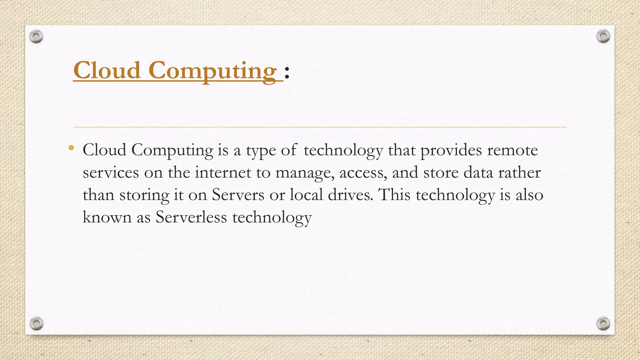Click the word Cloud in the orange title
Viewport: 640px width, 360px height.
click(x=107, y=70)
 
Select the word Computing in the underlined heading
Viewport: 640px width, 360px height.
click(x=212, y=71)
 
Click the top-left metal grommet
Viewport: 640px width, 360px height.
click(x=36, y=37)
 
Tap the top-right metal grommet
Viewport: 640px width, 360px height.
click(x=603, y=37)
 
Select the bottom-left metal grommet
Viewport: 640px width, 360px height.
click(x=37, y=323)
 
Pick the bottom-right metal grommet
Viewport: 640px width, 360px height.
click(x=603, y=323)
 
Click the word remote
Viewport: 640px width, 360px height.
click(x=512, y=150)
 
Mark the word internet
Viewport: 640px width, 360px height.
click(x=223, y=172)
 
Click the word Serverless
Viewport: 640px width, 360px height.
click(x=191, y=217)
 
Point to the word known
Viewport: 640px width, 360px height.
click(x=107, y=217)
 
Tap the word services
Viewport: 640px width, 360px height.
click(x=111, y=173)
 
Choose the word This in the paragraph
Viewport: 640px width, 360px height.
click(x=394, y=195)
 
